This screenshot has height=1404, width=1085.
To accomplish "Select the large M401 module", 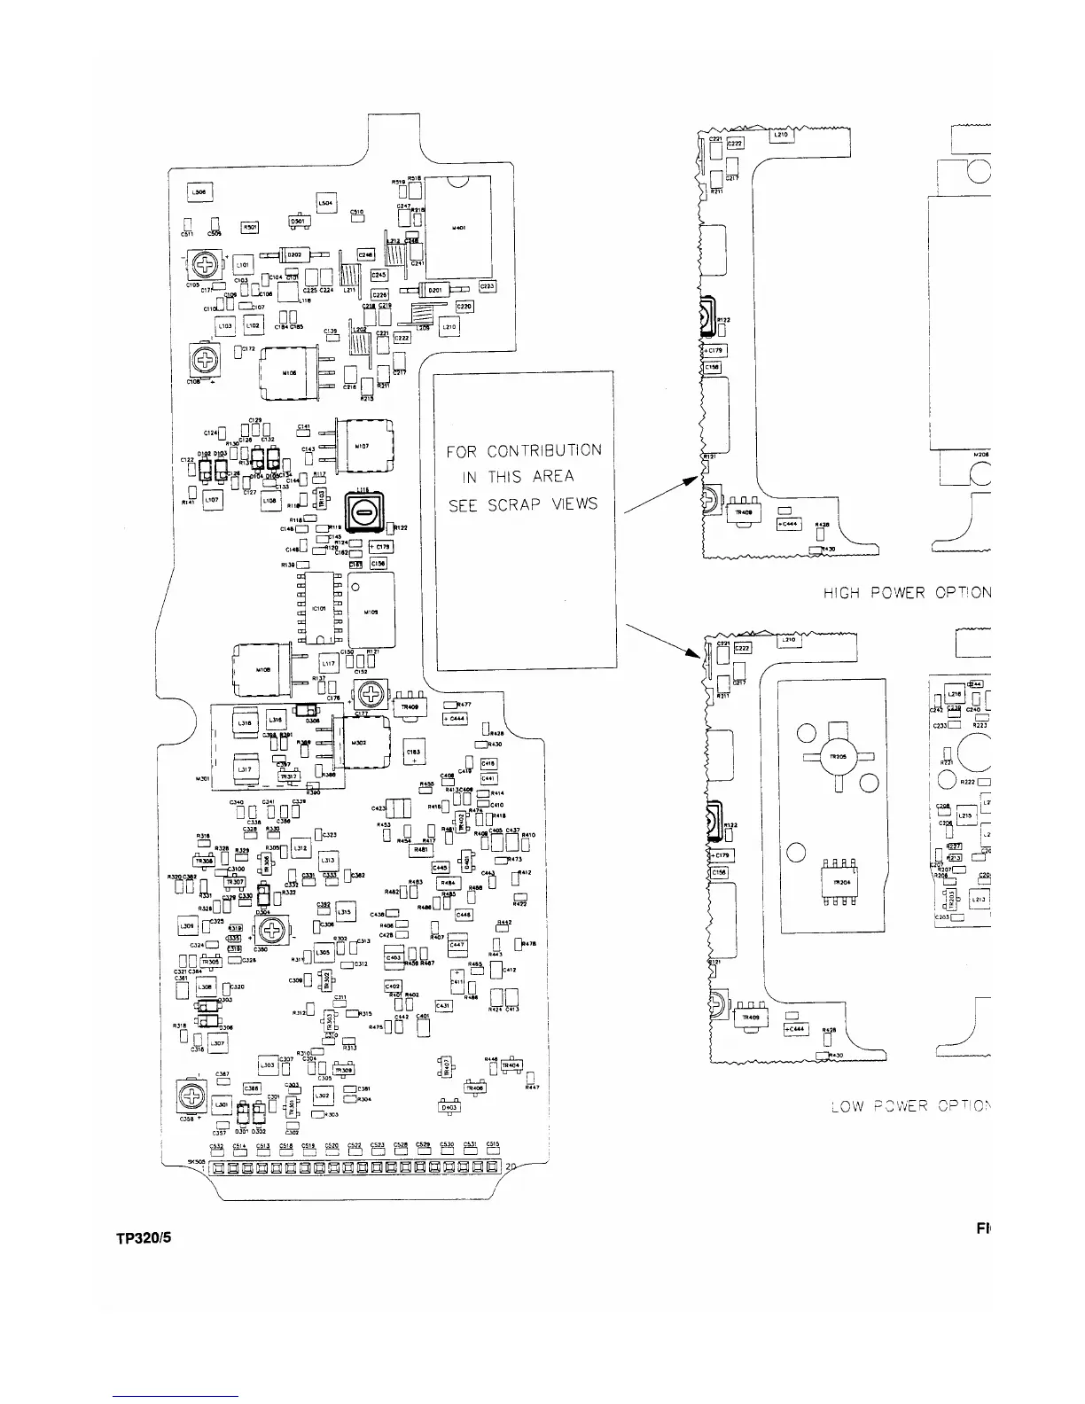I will [x=460, y=226].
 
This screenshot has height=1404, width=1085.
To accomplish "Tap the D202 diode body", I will [x=293, y=254].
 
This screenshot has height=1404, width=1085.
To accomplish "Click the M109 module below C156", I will [x=371, y=611].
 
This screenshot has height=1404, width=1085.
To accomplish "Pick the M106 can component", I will [x=288, y=373].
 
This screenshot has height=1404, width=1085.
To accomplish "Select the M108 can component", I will [x=261, y=670].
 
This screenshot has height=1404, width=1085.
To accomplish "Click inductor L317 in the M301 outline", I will [x=241, y=769].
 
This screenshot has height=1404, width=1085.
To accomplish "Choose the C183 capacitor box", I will [x=414, y=752].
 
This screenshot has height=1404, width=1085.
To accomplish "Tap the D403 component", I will [x=449, y=1107].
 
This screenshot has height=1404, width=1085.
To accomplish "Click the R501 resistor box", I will [x=250, y=227].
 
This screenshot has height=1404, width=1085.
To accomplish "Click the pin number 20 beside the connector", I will [x=511, y=1167].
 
